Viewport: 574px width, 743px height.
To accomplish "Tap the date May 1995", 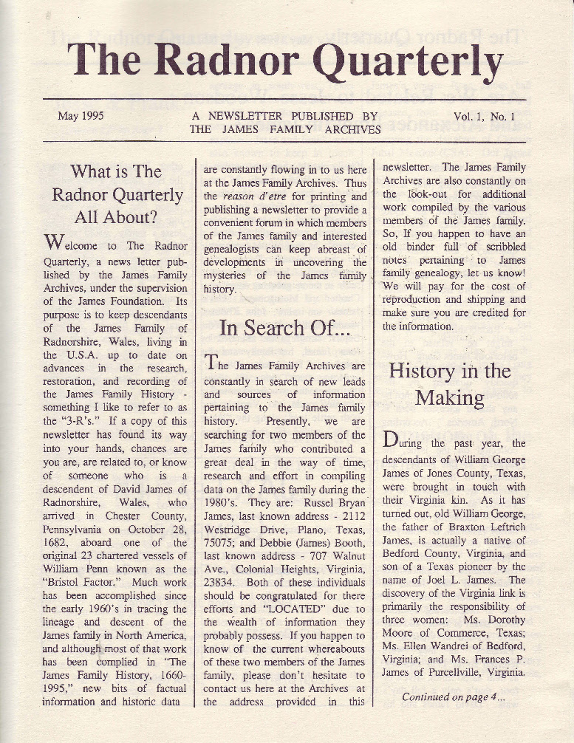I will coord(81,116).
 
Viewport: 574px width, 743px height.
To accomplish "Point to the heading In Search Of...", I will coord(284,328).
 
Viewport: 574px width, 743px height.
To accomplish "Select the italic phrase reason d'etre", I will coord(254,196).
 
